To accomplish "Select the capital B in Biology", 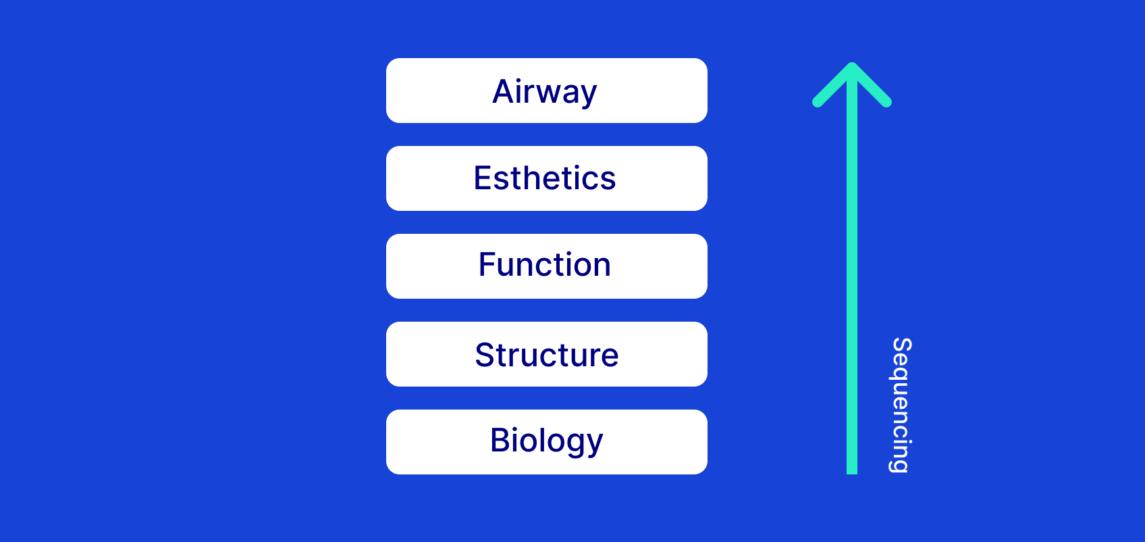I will [x=501, y=440].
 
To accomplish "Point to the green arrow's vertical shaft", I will [x=852, y=270].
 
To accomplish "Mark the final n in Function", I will [x=601, y=266].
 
